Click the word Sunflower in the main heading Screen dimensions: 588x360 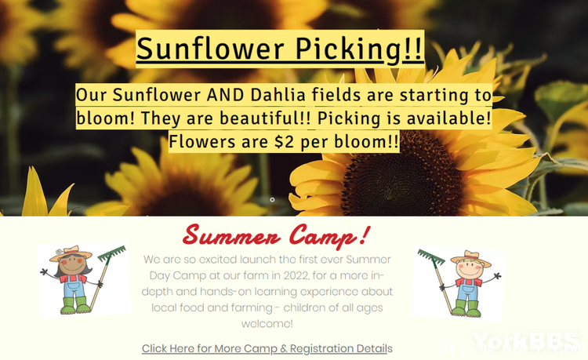pos(210,49)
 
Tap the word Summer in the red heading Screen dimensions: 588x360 pos(232,235)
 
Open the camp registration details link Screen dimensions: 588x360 pos(267,348)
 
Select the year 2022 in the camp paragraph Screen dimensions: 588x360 pos(296,275)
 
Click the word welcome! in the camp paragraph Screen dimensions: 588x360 pos(267,324)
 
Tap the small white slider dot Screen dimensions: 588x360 pos(272,199)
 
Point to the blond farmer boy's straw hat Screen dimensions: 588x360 pos(471,258)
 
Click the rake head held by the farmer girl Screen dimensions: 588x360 pos(112,253)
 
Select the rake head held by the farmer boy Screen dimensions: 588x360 pos(431,256)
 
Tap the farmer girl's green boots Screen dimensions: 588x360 pos(75,306)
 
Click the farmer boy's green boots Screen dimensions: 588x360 pos(466,308)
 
